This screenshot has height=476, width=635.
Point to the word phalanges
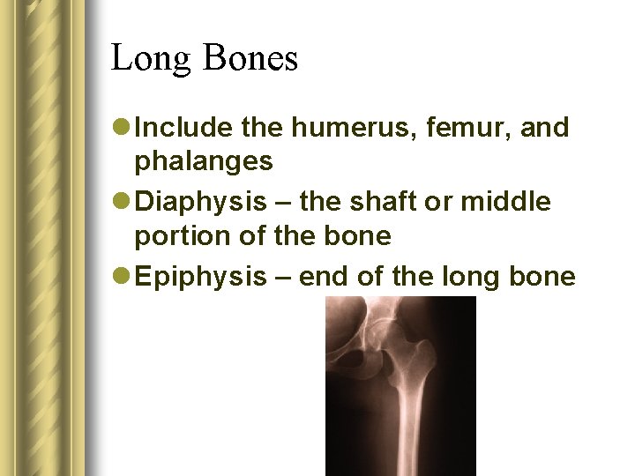tap(203, 162)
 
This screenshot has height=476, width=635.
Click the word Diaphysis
tap(203, 203)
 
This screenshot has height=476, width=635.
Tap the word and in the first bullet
tap(545, 129)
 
